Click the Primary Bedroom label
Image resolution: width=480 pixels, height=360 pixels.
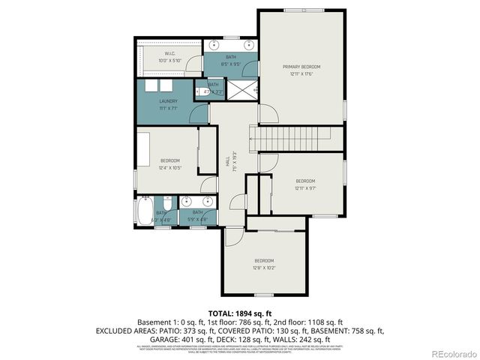coord(301,67)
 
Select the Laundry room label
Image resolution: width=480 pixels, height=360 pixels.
coord(168,101)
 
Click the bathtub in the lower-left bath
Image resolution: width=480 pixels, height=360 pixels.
coord(145,212)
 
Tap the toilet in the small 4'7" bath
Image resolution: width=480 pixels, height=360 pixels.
coord(200,92)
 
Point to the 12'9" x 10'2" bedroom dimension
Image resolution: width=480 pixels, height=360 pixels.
coord(263,267)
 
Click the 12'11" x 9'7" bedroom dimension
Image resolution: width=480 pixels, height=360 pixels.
coord(304,187)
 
